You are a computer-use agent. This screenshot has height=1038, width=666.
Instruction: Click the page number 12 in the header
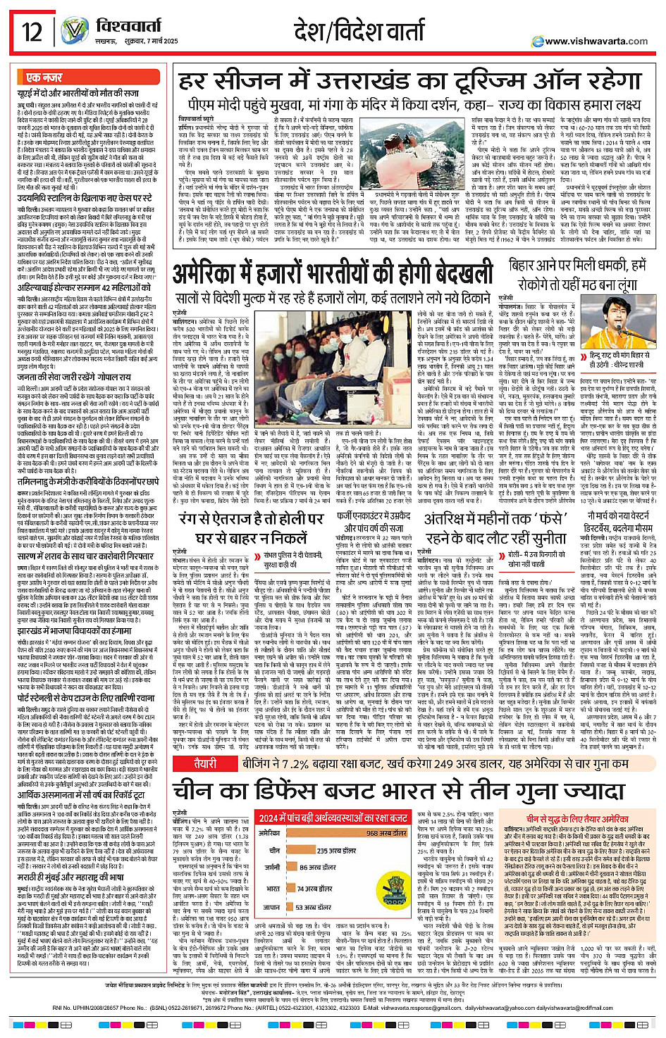32,32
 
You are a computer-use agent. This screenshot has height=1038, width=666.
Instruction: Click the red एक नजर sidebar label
44,77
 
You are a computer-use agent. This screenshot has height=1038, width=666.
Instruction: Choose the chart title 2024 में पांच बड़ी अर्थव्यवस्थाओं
333,818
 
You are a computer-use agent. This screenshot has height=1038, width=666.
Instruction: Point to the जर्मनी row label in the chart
272,867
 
